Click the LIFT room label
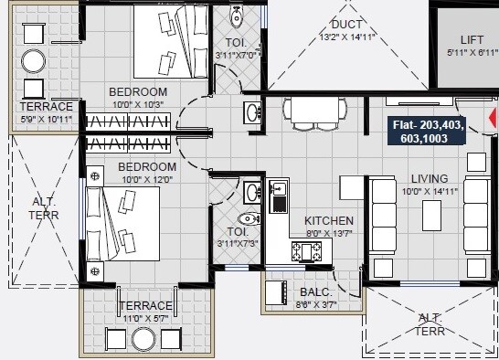(472, 40)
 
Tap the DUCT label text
(347, 24)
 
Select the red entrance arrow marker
(493, 117)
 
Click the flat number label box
(428, 132)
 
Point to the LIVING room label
(429, 178)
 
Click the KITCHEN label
(330, 221)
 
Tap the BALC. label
(315, 292)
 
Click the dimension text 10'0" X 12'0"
(146, 180)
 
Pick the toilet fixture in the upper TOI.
(237, 16)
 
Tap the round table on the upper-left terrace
(34, 61)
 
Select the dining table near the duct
(311, 111)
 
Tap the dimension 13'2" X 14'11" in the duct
(347, 37)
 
